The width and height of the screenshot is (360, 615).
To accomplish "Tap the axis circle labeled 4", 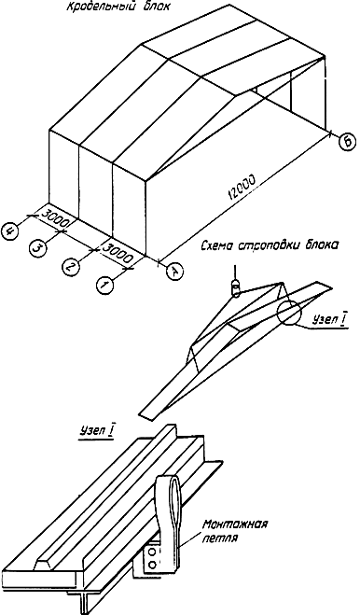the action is (x=11, y=231).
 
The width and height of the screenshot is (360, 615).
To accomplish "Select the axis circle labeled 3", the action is (x=38, y=248).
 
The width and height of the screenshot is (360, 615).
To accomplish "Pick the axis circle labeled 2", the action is (x=71, y=268).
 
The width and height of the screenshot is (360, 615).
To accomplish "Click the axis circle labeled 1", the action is (x=104, y=285).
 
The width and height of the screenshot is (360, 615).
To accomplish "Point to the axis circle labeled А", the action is (x=174, y=272).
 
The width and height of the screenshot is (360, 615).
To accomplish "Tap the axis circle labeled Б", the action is (x=348, y=142).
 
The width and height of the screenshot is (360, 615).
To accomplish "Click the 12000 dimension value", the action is (x=242, y=187).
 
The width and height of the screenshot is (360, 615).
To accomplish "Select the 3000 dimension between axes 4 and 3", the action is (x=55, y=219).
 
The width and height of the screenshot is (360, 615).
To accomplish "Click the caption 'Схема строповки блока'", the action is (x=269, y=246).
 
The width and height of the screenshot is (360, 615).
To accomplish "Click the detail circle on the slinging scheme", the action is (x=288, y=313).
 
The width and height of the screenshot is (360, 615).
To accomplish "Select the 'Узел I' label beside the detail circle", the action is (x=328, y=320).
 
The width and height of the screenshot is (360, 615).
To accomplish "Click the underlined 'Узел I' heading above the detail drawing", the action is (x=96, y=430).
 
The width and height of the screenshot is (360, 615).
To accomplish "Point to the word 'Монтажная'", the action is (x=235, y=524).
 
